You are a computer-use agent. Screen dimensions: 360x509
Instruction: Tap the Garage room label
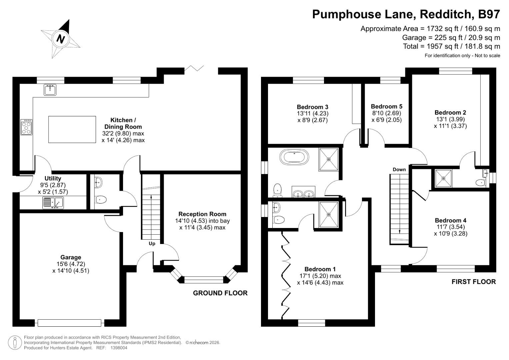tap(71, 257)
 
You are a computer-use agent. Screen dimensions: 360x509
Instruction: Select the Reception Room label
tap(202, 214)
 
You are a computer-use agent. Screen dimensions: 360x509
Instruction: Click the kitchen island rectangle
tap(72, 129)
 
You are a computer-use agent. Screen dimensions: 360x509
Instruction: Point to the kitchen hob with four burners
tap(27, 127)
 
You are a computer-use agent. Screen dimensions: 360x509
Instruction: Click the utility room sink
tap(53, 202)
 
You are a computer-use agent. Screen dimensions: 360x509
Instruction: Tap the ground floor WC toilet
tap(100, 200)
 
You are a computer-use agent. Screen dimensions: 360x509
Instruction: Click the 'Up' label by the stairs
tap(152, 243)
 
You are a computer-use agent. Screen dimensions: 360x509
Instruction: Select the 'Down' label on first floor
tap(399, 169)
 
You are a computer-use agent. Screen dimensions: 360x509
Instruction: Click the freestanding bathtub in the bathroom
tap(294, 157)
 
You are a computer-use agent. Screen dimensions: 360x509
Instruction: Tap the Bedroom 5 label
tap(386, 106)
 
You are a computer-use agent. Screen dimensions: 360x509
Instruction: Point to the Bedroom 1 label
tap(320, 269)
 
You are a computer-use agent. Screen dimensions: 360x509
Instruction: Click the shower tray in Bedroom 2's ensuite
tap(443, 178)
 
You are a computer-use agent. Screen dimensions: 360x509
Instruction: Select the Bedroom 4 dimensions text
tap(450, 230)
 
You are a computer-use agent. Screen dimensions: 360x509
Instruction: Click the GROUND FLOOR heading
tap(220, 293)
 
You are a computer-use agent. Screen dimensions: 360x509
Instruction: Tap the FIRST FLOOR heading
tap(473, 282)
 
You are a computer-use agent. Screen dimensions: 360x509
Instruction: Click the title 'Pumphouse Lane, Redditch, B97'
tap(406, 14)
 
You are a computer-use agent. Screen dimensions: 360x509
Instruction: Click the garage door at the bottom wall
tap(69, 323)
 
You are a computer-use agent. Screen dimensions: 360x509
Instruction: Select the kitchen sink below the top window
tap(50, 89)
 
